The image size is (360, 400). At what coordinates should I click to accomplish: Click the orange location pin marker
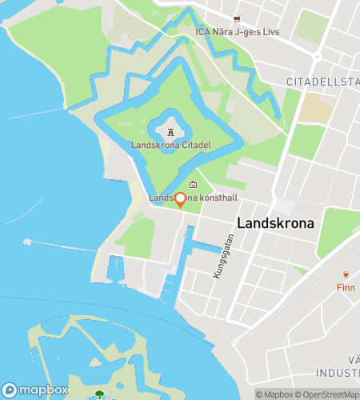pyautogui.click(x=180, y=200)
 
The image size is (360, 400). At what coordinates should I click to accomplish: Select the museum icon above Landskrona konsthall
pyautogui.click(x=192, y=186)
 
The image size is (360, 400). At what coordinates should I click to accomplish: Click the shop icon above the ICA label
pyautogui.click(x=235, y=19)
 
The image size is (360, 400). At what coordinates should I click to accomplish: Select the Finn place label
pyautogui.click(x=346, y=287)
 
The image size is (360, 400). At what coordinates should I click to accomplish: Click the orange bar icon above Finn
pyautogui.click(x=346, y=274)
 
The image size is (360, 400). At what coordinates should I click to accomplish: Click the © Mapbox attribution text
pyautogui.click(x=275, y=394)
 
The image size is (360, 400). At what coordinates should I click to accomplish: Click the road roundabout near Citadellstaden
pyautogui.click(x=318, y=57)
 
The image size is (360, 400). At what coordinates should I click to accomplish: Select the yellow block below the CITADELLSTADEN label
pyautogui.click(x=317, y=110)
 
